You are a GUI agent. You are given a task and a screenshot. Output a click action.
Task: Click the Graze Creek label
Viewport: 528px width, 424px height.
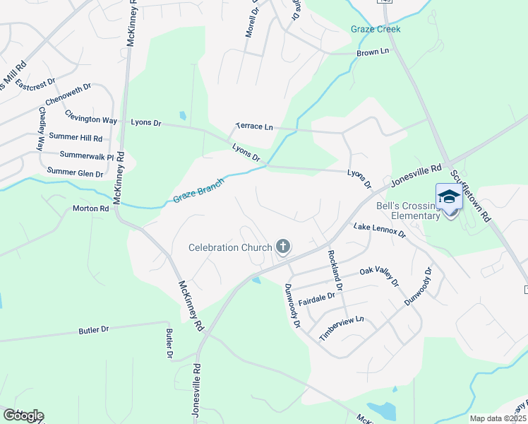pyautogui.click(x=376, y=29)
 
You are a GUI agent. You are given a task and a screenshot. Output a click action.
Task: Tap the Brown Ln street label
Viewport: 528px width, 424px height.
pyautogui.click(x=373, y=52)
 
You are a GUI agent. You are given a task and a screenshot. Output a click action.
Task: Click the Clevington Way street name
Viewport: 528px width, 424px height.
pyautogui.click(x=90, y=116)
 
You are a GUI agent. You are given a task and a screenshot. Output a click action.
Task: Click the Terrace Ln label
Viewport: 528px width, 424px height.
pyautogui.click(x=254, y=126)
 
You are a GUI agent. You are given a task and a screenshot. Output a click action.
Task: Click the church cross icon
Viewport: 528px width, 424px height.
pyautogui.click(x=283, y=247)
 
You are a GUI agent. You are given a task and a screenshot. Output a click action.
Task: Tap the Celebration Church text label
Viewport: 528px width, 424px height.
pyautogui.click(x=230, y=247)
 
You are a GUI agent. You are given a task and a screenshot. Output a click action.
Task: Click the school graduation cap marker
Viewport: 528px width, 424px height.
pyautogui.click(x=449, y=197)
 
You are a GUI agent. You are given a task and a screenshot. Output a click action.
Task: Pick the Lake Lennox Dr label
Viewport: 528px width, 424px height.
pyautogui.click(x=380, y=230)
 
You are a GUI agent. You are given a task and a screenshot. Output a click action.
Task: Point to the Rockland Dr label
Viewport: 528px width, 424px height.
pyautogui.click(x=334, y=271)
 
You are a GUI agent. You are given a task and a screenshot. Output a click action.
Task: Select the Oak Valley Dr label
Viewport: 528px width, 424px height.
pyautogui.click(x=379, y=276)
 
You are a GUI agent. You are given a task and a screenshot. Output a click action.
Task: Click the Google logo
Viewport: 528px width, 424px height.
pyautogui.click(x=23, y=416)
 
